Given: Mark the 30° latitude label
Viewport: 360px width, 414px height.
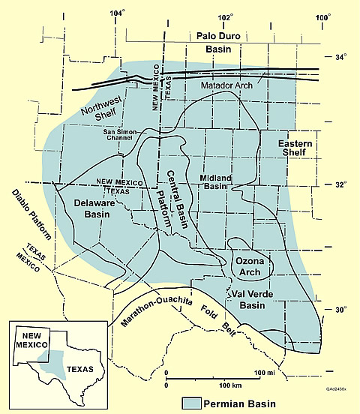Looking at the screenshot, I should click(340, 310).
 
